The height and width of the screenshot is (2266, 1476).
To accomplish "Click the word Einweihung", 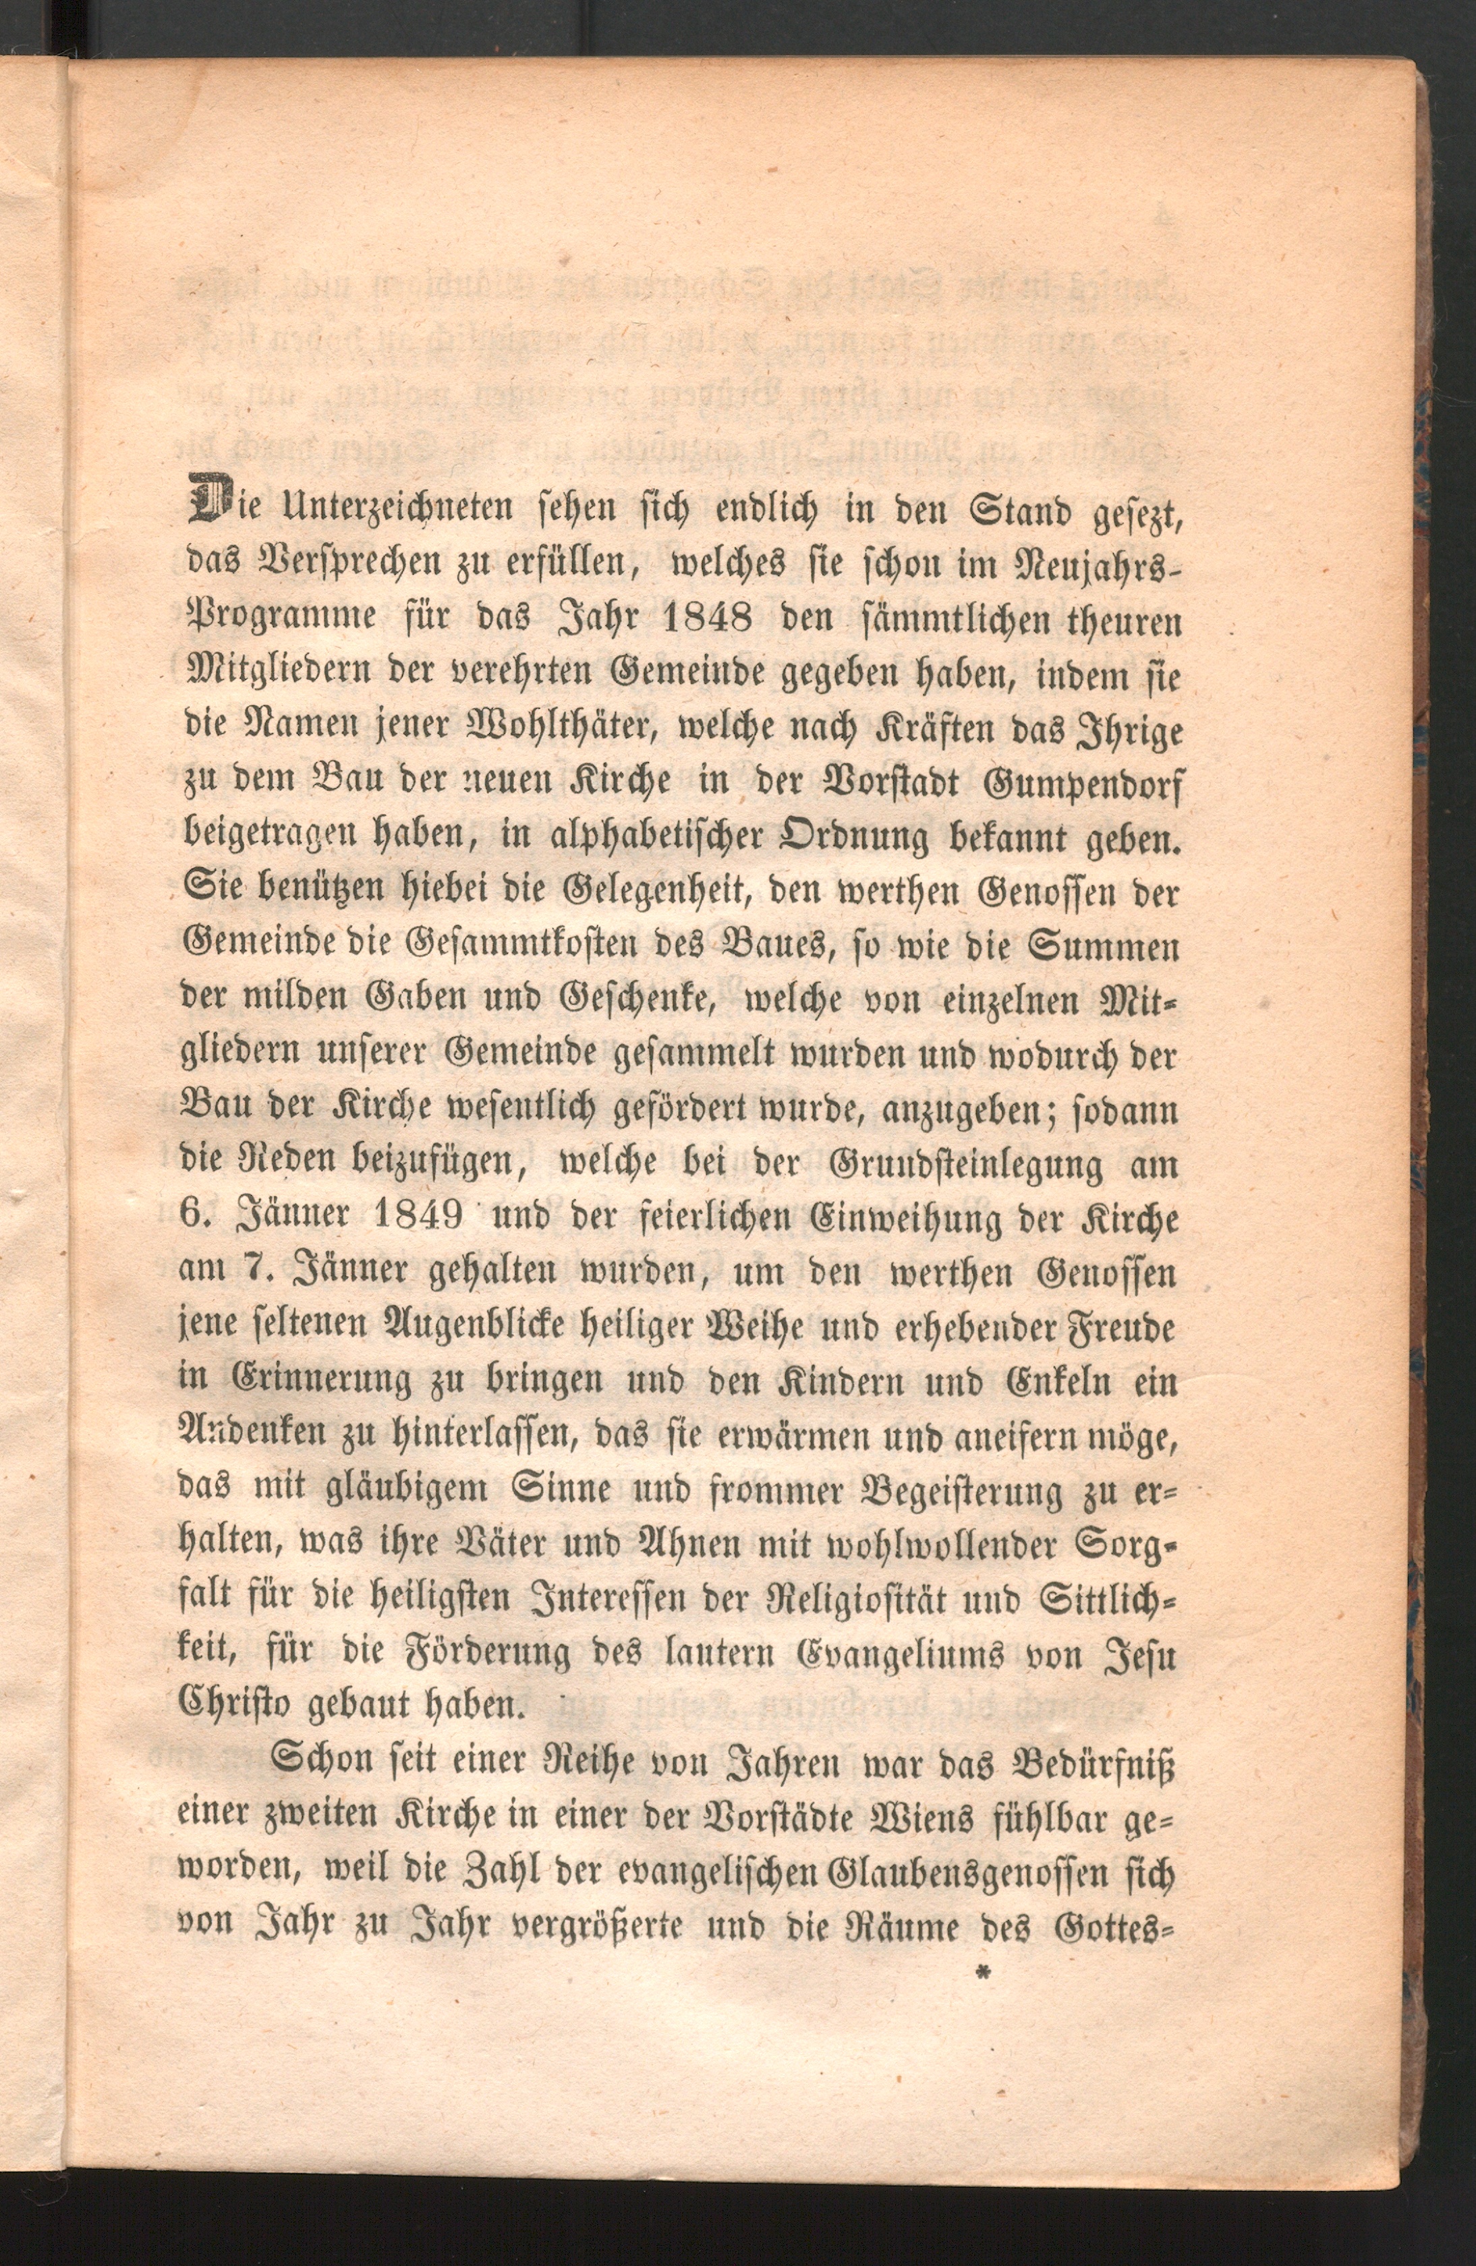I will pos(881,1219).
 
